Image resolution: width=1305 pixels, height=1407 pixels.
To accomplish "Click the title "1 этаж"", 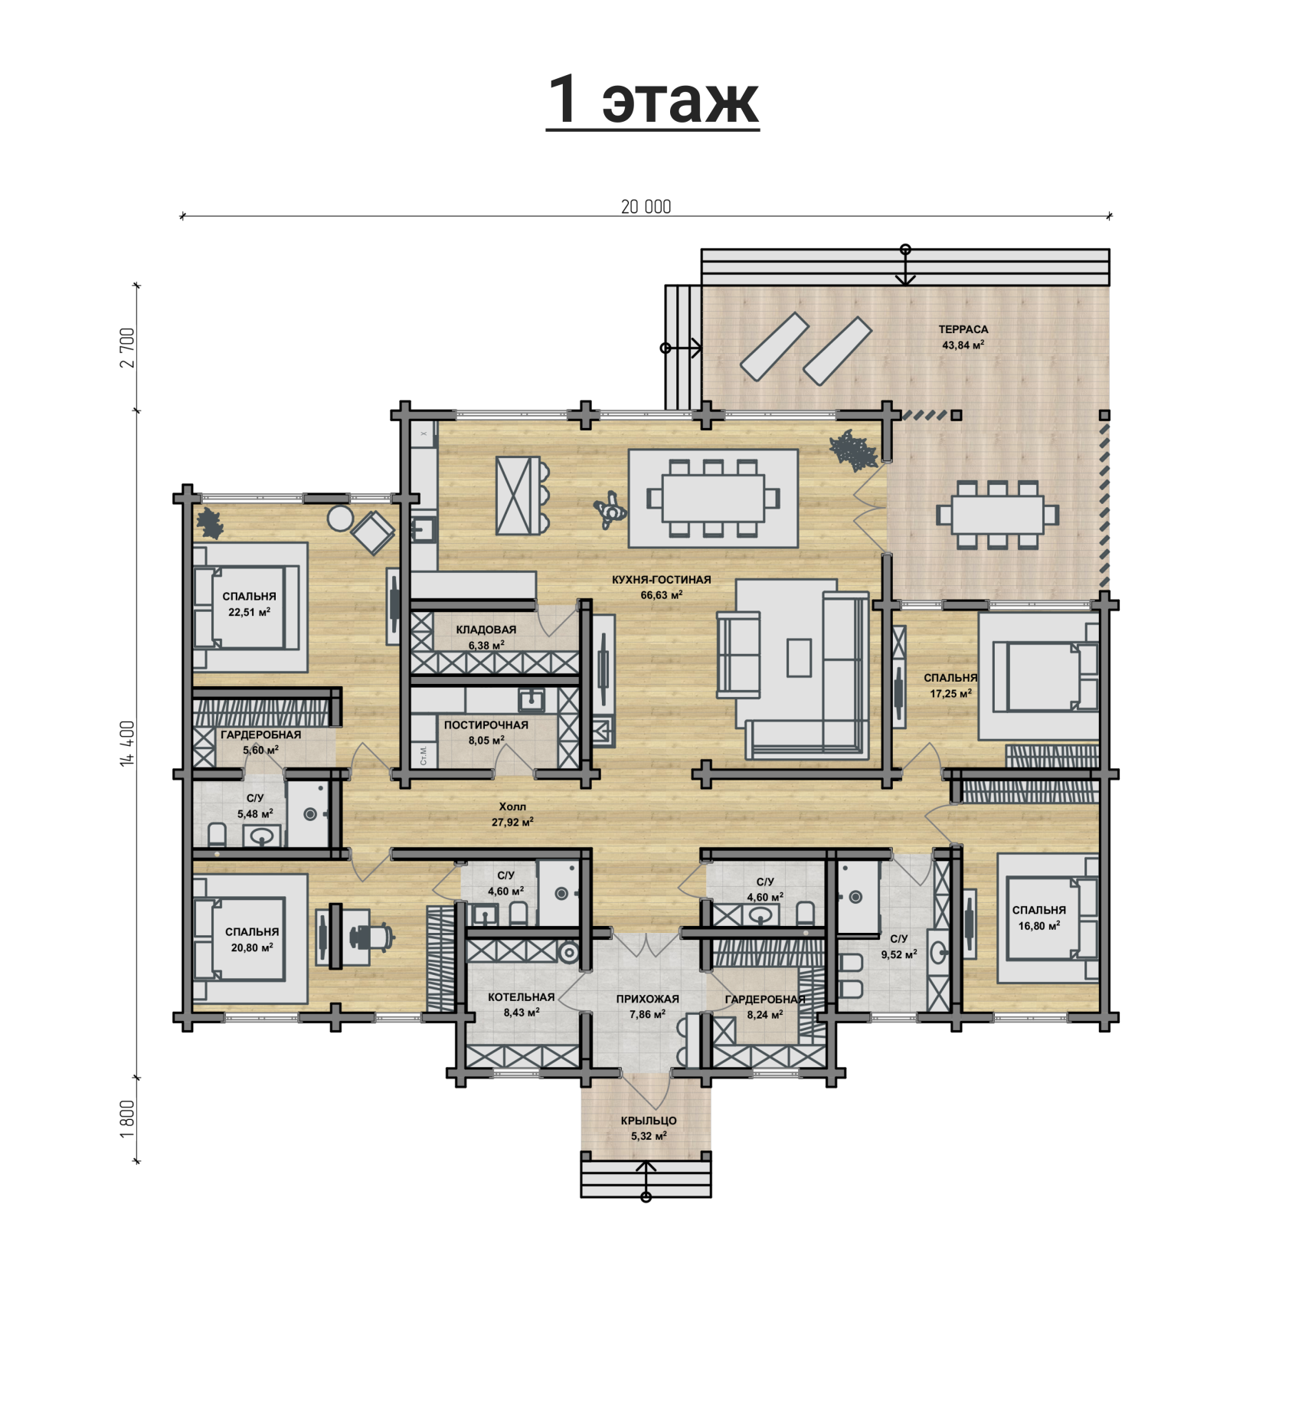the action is pyautogui.click(x=652, y=100).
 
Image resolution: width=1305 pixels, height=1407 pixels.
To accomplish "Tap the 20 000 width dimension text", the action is pyautogui.click(x=646, y=207).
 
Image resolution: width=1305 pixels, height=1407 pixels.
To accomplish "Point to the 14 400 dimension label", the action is pyautogui.click(x=127, y=743).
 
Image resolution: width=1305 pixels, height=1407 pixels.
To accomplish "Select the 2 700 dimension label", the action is pyautogui.click(x=127, y=348).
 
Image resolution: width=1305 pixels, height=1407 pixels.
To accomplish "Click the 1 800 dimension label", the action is pyautogui.click(x=127, y=1119).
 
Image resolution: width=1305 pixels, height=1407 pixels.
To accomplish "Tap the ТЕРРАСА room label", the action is pyautogui.click(x=963, y=329).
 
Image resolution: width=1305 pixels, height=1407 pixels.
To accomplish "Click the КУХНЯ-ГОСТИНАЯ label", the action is pyautogui.click(x=662, y=580).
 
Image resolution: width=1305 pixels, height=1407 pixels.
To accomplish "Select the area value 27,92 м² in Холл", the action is pyautogui.click(x=512, y=823).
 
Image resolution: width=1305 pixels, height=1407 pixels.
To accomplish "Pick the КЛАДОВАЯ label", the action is pyautogui.click(x=486, y=630).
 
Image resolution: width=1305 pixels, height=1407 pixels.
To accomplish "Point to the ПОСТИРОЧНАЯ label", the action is pyautogui.click(x=486, y=725).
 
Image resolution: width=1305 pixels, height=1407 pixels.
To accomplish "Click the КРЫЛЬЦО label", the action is pyautogui.click(x=649, y=1121).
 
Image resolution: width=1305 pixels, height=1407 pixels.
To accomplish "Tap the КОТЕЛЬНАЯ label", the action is pyautogui.click(x=522, y=997).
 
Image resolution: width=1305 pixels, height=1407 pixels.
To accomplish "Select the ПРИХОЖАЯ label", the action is pyautogui.click(x=648, y=999).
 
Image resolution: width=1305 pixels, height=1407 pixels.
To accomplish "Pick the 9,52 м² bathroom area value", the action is pyautogui.click(x=899, y=954).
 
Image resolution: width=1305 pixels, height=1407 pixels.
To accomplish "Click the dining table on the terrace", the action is pyautogui.click(x=998, y=515).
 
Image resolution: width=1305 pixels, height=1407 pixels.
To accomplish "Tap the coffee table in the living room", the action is pyautogui.click(x=799, y=658).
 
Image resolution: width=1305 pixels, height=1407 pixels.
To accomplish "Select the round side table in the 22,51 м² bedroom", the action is pyautogui.click(x=340, y=519).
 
